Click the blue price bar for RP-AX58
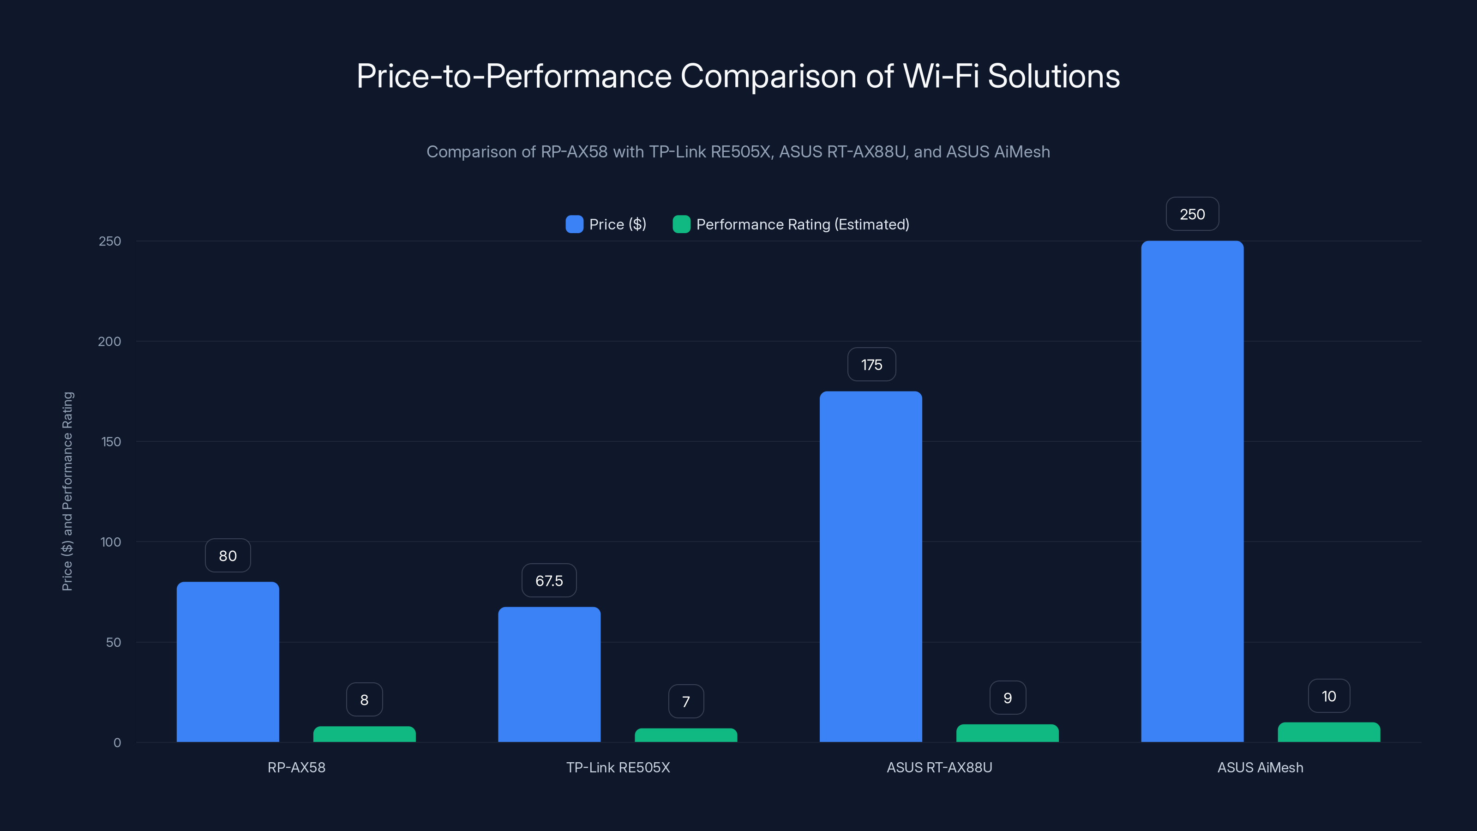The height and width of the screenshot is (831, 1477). point(228,662)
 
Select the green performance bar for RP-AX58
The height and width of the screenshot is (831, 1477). point(364,734)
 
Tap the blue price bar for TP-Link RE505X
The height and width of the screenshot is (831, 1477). point(549,674)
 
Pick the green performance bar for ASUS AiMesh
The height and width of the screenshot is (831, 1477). point(1328,732)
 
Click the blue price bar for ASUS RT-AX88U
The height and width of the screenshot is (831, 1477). point(871,566)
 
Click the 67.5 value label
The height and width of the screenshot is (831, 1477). point(549,581)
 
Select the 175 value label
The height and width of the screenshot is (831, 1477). point(871,365)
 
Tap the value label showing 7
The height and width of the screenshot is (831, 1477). point(686,701)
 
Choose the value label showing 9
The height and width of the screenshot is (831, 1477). point(1008,698)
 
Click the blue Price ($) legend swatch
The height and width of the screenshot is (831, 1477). point(574,224)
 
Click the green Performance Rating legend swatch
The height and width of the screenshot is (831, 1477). point(681,224)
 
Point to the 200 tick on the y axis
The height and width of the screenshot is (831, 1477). point(109,342)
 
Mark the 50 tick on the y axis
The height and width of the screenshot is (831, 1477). point(114,642)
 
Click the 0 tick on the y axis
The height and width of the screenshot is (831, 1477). point(117,743)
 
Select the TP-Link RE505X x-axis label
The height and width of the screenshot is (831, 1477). point(618,767)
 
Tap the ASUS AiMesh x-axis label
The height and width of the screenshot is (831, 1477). point(1260,767)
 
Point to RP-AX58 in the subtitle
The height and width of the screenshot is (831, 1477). point(574,152)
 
